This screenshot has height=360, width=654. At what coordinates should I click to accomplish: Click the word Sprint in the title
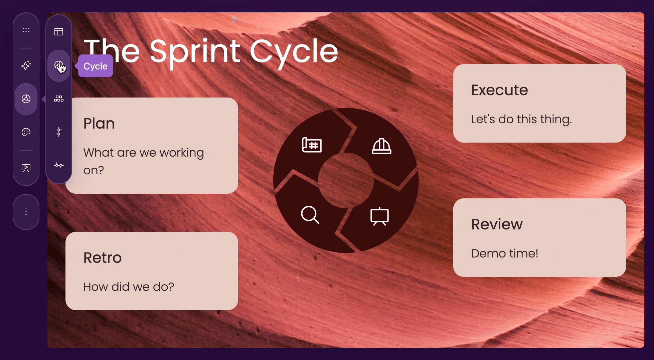pyautogui.click(x=195, y=52)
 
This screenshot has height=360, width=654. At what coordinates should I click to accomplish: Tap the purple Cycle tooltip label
pyautogui.click(x=96, y=66)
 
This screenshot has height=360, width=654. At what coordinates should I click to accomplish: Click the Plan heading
pyautogui.click(x=99, y=124)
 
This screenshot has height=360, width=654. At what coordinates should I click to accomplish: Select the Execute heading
pyautogui.click(x=499, y=90)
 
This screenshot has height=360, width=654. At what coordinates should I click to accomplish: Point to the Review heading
pyautogui.click(x=497, y=224)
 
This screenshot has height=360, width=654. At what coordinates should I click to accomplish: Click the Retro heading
pyautogui.click(x=103, y=258)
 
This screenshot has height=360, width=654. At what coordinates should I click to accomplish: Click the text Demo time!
pyautogui.click(x=504, y=253)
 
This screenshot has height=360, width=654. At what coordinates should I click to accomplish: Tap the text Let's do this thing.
pyautogui.click(x=521, y=119)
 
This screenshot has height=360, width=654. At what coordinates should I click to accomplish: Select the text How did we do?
pyautogui.click(x=129, y=287)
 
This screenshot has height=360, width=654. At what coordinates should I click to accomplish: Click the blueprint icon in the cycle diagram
pyautogui.click(x=312, y=145)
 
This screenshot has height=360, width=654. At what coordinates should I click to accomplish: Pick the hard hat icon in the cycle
pyautogui.click(x=381, y=146)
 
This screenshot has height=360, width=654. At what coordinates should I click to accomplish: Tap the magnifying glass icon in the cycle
pyautogui.click(x=310, y=215)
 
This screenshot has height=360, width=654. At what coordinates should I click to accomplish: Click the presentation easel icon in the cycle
pyautogui.click(x=379, y=216)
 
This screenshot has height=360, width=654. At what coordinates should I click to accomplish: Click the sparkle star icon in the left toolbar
pyautogui.click(x=26, y=65)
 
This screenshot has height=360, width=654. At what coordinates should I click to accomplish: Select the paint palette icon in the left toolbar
pyautogui.click(x=26, y=132)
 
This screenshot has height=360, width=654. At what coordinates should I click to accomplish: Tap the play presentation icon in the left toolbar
pyautogui.click(x=26, y=167)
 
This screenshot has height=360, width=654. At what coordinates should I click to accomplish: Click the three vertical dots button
pyautogui.click(x=26, y=212)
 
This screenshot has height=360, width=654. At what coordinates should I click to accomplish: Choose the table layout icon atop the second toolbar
pyautogui.click(x=59, y=32)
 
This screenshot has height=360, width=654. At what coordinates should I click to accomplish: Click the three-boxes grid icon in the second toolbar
pyautogui.click(x=59, y=99)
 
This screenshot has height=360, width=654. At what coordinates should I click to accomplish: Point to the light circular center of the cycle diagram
pyautogui.click(x=346, y=180)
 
